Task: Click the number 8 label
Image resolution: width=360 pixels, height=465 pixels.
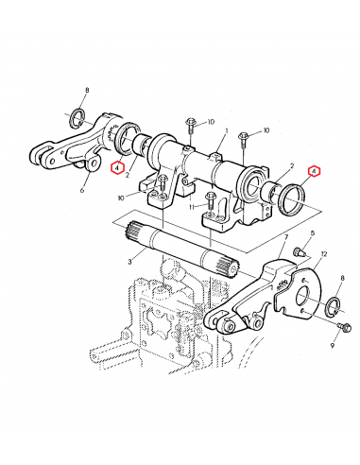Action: [86, 90]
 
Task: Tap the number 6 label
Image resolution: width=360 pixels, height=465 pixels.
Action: [82, 190]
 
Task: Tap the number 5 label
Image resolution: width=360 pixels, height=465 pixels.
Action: [313, 243]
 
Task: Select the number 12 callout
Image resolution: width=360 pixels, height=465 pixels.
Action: [323, 256]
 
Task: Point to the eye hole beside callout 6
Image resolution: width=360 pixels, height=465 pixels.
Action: [93, 167]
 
